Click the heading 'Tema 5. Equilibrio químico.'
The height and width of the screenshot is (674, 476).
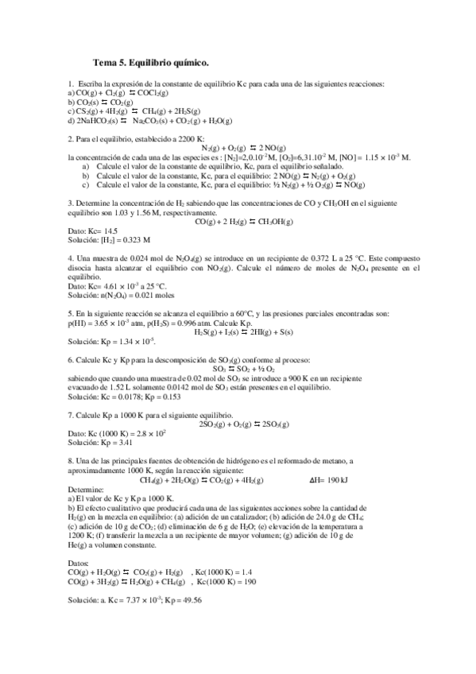click(151, 61)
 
